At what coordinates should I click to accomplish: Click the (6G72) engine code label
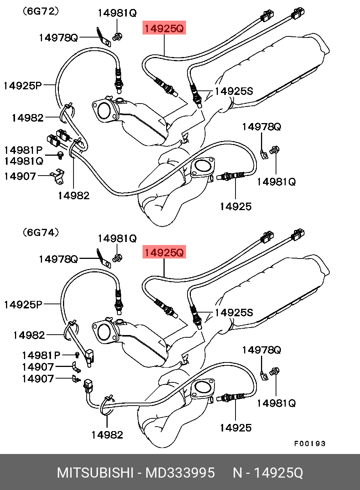40,11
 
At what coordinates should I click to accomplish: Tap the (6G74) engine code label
40,232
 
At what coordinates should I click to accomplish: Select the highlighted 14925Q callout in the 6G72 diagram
164,28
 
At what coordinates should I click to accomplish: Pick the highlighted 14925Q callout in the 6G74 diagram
164,252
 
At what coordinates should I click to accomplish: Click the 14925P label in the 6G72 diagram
23,86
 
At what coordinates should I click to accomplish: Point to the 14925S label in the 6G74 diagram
234,313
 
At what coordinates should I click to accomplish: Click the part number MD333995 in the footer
180,473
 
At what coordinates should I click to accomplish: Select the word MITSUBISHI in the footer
95,473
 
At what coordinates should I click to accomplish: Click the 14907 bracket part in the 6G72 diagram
58,176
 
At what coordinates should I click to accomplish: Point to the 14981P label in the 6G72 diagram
23,150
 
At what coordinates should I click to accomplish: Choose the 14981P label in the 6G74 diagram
41,355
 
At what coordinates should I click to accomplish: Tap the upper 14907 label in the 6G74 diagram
38,367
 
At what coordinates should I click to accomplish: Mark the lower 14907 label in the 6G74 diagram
38,379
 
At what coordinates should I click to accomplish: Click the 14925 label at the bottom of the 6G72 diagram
235,206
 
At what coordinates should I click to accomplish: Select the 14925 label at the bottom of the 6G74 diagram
235,428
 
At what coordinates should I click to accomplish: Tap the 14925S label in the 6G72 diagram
234,91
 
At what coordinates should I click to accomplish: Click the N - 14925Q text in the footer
268,473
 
